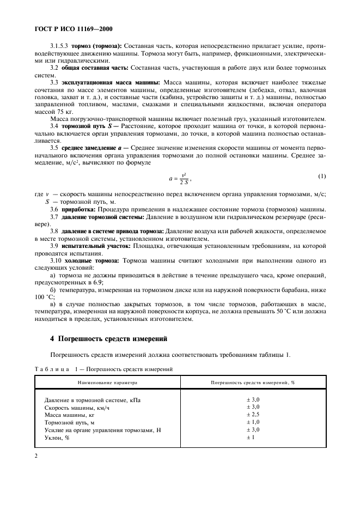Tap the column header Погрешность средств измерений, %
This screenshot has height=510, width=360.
253,383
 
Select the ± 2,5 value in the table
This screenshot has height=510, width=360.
253,415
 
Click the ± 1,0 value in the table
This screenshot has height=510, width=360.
253,422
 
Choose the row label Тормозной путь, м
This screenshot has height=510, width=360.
70,422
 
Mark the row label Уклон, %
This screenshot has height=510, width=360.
57,438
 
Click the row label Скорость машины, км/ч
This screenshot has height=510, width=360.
77,407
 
